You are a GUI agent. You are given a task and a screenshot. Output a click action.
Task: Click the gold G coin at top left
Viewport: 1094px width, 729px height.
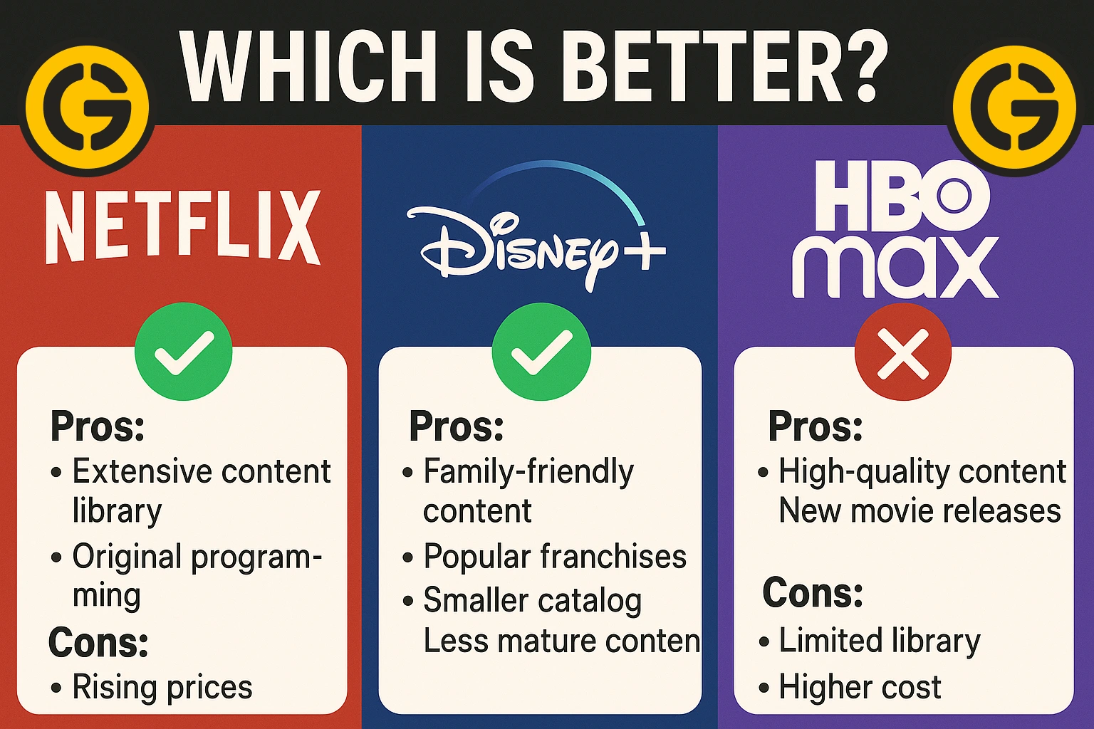88,107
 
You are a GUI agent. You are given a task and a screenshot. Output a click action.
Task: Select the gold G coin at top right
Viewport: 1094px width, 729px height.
1014,107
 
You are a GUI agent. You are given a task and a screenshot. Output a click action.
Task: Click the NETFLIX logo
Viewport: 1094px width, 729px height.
183,227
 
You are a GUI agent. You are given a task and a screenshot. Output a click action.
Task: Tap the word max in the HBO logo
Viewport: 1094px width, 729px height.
895,268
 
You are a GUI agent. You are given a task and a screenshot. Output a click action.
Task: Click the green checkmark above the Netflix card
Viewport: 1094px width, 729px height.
184,352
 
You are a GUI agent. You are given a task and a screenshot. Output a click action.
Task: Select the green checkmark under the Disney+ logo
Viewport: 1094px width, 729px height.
541,352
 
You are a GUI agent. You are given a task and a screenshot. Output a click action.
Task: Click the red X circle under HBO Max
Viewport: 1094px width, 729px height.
903,352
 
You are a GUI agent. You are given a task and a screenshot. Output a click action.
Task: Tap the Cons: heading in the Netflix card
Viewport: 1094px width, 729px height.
98,642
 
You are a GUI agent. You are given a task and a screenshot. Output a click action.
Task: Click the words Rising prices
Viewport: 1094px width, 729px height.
162,688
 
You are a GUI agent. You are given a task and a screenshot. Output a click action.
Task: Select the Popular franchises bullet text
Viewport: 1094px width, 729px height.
555,557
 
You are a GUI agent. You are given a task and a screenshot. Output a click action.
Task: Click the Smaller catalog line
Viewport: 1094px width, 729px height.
532,601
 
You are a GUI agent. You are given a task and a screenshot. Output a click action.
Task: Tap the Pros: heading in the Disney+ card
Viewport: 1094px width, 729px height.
457,426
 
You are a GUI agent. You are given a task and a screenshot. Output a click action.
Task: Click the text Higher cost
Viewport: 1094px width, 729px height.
860,687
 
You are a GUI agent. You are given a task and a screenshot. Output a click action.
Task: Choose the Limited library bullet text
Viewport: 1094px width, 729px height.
880,641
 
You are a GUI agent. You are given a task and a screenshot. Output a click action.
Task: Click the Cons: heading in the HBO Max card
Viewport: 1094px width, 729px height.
813,592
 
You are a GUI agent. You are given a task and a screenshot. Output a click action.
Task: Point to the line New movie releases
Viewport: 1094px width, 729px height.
920,510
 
